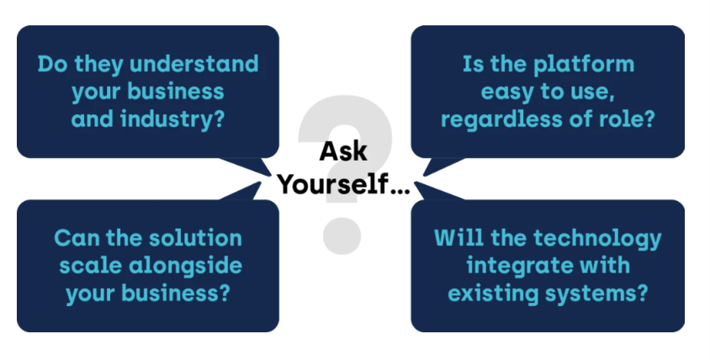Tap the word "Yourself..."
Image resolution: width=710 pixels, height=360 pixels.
343,183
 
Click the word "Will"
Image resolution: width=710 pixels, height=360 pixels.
454,239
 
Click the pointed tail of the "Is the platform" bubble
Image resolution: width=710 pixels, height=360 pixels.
425,172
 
